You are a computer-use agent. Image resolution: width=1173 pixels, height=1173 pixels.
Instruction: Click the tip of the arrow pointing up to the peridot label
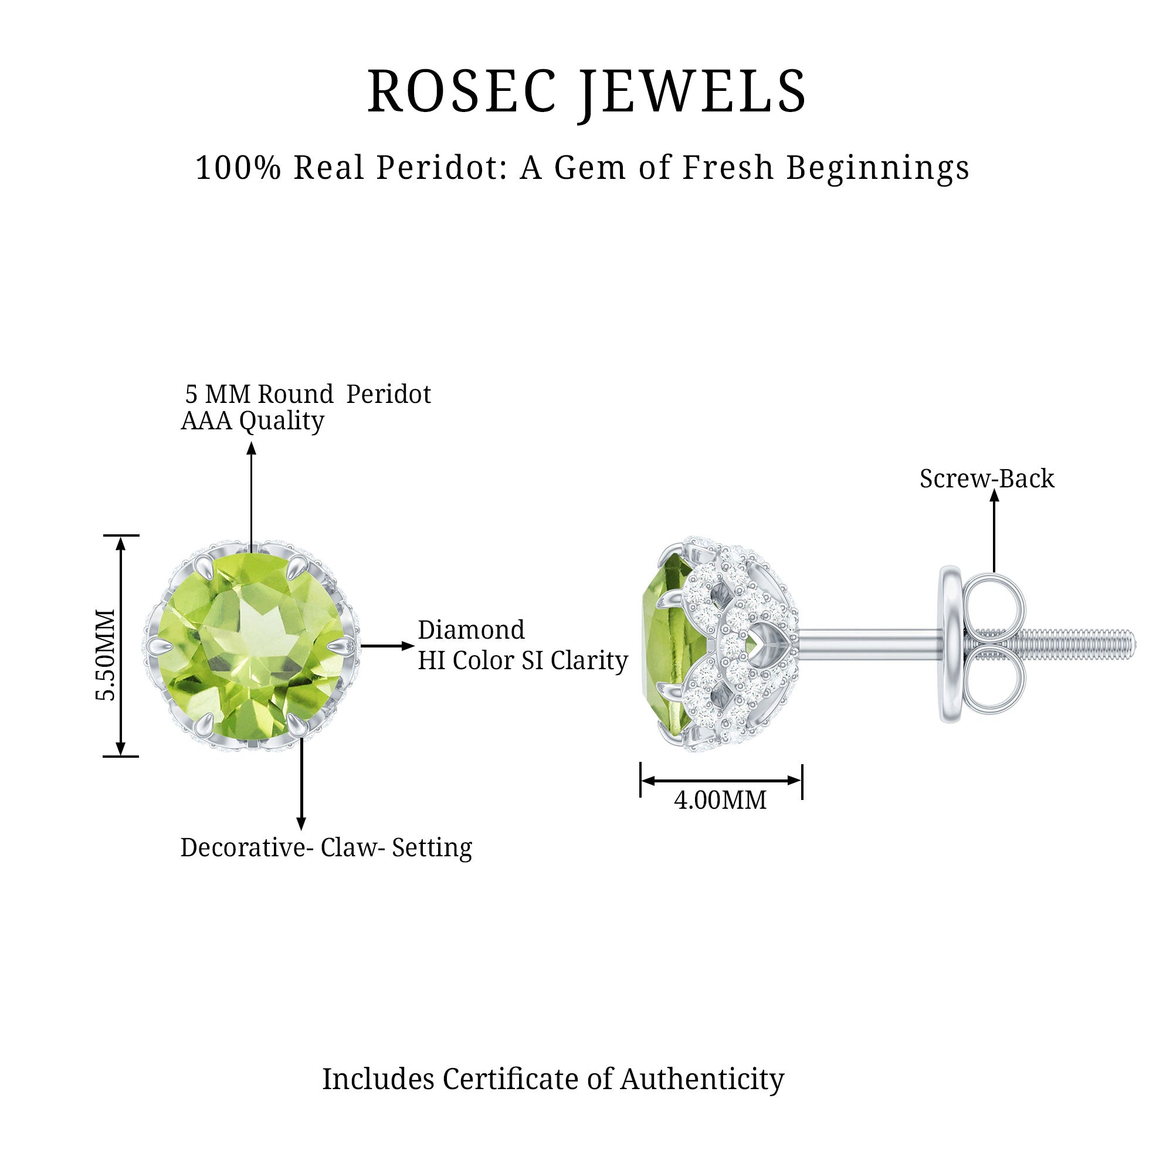coord(252,443)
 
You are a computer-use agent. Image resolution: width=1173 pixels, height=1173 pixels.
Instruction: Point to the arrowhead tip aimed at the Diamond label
coord(414,645)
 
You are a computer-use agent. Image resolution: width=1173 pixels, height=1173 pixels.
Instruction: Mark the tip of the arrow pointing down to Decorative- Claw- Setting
coord(301,829)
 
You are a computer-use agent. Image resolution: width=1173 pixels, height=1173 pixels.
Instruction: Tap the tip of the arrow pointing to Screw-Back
coord(994,489)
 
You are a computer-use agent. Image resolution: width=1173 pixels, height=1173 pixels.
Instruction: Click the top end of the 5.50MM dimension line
coord(121,536)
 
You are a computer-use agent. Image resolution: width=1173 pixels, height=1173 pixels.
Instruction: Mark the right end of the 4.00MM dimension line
coord(802,781)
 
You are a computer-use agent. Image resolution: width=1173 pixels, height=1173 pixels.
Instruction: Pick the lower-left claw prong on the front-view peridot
coord(206,723)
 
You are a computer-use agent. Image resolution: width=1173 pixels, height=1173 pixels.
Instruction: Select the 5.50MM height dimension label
coord(106,655)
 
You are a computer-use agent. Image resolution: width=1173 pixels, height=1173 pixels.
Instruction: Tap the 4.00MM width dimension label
coord(720,800)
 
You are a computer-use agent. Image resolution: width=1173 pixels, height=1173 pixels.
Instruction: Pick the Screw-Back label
coord(986,479)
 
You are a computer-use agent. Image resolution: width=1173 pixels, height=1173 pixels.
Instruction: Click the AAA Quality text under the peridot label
coord(253,421)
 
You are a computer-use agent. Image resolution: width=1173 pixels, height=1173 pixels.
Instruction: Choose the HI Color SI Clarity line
coord(523,661)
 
